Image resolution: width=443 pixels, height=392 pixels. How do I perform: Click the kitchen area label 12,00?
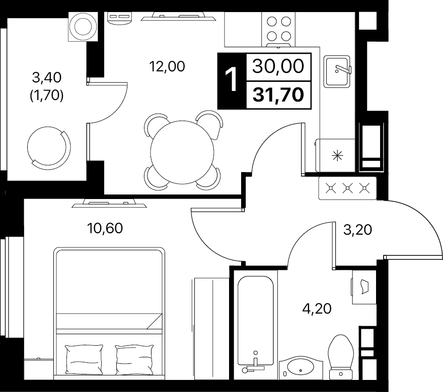(167, 66)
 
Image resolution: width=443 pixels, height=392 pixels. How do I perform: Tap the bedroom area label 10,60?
(105, 228)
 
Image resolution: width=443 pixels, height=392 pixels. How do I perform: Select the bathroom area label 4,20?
(317, 309)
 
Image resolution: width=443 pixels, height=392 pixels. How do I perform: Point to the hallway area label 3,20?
(357, 230)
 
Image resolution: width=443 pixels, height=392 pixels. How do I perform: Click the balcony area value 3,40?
(47, 77)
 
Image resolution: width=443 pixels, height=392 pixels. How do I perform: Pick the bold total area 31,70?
(278, 95)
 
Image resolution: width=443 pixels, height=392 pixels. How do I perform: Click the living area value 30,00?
(278, 66)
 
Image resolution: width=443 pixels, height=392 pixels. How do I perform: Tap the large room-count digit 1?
(232, 81)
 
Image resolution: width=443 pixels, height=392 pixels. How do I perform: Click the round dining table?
(182, 152)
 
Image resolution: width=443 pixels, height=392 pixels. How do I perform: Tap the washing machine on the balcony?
(83, 27)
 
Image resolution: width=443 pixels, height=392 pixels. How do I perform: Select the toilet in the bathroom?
(341, 357)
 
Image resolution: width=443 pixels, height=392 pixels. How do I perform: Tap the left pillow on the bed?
(84, 359)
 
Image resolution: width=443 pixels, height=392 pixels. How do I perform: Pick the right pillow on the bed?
(134, 359)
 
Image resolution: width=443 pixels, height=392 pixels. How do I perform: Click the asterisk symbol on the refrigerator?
(337, 156)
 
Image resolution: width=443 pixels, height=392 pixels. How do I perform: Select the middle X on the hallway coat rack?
(347, 188)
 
